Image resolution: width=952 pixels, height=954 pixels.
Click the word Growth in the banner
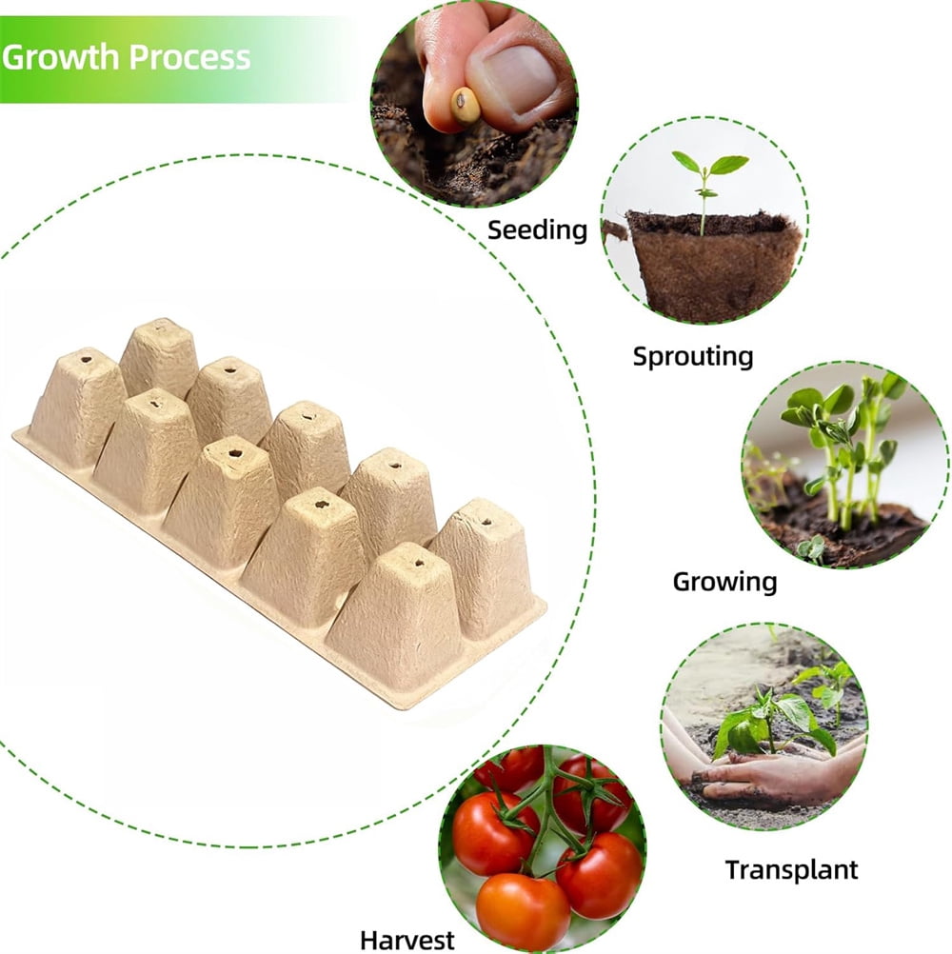tap(60, 57)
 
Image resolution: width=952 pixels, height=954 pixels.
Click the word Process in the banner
tap(189, 57)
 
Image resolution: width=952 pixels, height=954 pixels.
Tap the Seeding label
tap(537, 231)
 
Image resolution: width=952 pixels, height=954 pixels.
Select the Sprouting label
tap(693, 356)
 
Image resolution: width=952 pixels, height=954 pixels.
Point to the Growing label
tap(724, 583)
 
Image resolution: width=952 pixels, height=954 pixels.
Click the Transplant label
tap(791, 870)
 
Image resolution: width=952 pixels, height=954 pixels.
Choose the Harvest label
tap(407, 940)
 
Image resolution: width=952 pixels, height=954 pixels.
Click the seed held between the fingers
tap(466, 106)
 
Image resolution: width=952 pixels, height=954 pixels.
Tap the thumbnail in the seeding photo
tap(517, 78)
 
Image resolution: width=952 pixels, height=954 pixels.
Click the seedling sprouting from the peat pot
tap(707, 189)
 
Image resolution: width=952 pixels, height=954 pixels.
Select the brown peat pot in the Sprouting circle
tap(712, 265)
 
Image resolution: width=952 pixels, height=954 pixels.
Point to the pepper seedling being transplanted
tap(769, 724)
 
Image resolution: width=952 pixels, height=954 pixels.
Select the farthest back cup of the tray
tap(159, 358)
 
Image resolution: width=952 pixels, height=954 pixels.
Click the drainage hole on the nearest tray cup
tap(419, 563)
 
